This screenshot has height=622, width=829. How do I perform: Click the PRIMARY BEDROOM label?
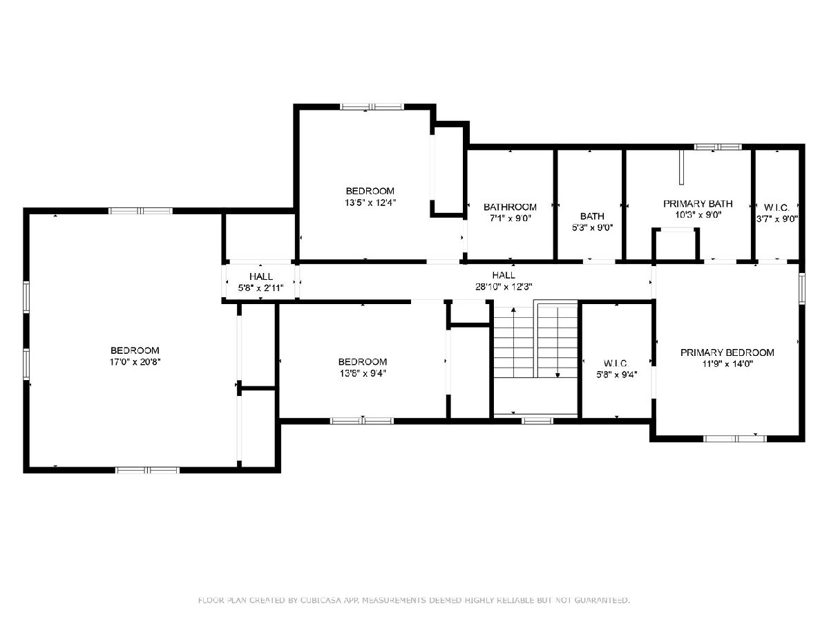(x=727, y=352)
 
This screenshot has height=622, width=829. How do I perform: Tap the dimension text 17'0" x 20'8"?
(x=135, y=361)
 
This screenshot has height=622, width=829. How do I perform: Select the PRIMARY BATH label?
(x=698, y=204)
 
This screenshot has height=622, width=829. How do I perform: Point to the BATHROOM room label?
(x=510, y=207)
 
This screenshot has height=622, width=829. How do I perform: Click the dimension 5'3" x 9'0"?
(x=592, y=227)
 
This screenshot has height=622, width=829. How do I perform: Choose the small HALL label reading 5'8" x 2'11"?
(x=261, y=276)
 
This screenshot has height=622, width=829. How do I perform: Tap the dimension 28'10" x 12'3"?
(x=504, y=287)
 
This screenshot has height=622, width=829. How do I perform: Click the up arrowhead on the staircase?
(x=513, y=310)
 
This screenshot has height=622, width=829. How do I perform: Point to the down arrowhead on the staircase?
(x=558, y=375)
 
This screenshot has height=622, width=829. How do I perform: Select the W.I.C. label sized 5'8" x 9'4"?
(x=616, y=364)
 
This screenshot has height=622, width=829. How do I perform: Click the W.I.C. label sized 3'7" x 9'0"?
(x=776, y=207)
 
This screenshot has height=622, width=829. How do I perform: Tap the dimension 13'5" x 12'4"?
(x=370, y=202)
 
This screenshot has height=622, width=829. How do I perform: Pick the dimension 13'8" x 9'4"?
(x=363, y=373)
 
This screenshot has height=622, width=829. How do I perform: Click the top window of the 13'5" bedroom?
(x=372, y=107)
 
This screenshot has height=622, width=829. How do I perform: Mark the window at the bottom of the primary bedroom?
(x=735, y=438)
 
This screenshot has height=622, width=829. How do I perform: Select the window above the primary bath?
(x=718, y=147)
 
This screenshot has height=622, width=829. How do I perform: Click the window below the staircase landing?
(x=537, y=421)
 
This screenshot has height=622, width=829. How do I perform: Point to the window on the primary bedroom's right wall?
(x=802, y=288)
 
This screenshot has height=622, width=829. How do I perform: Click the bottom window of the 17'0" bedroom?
(x=147, y=470)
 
